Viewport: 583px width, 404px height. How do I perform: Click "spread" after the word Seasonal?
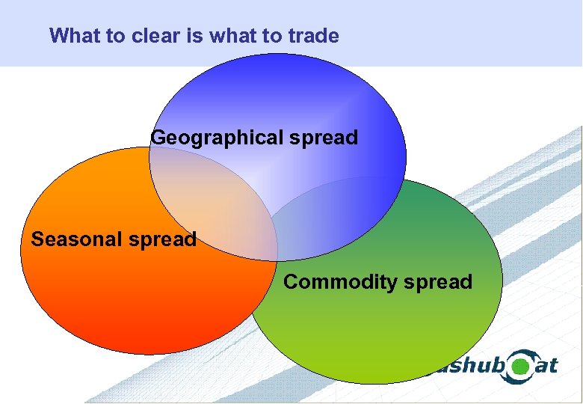162,239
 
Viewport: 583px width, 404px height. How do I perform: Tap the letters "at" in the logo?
547,365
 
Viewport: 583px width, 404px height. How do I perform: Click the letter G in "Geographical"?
159,138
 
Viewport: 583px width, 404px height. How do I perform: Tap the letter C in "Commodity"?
291,282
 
